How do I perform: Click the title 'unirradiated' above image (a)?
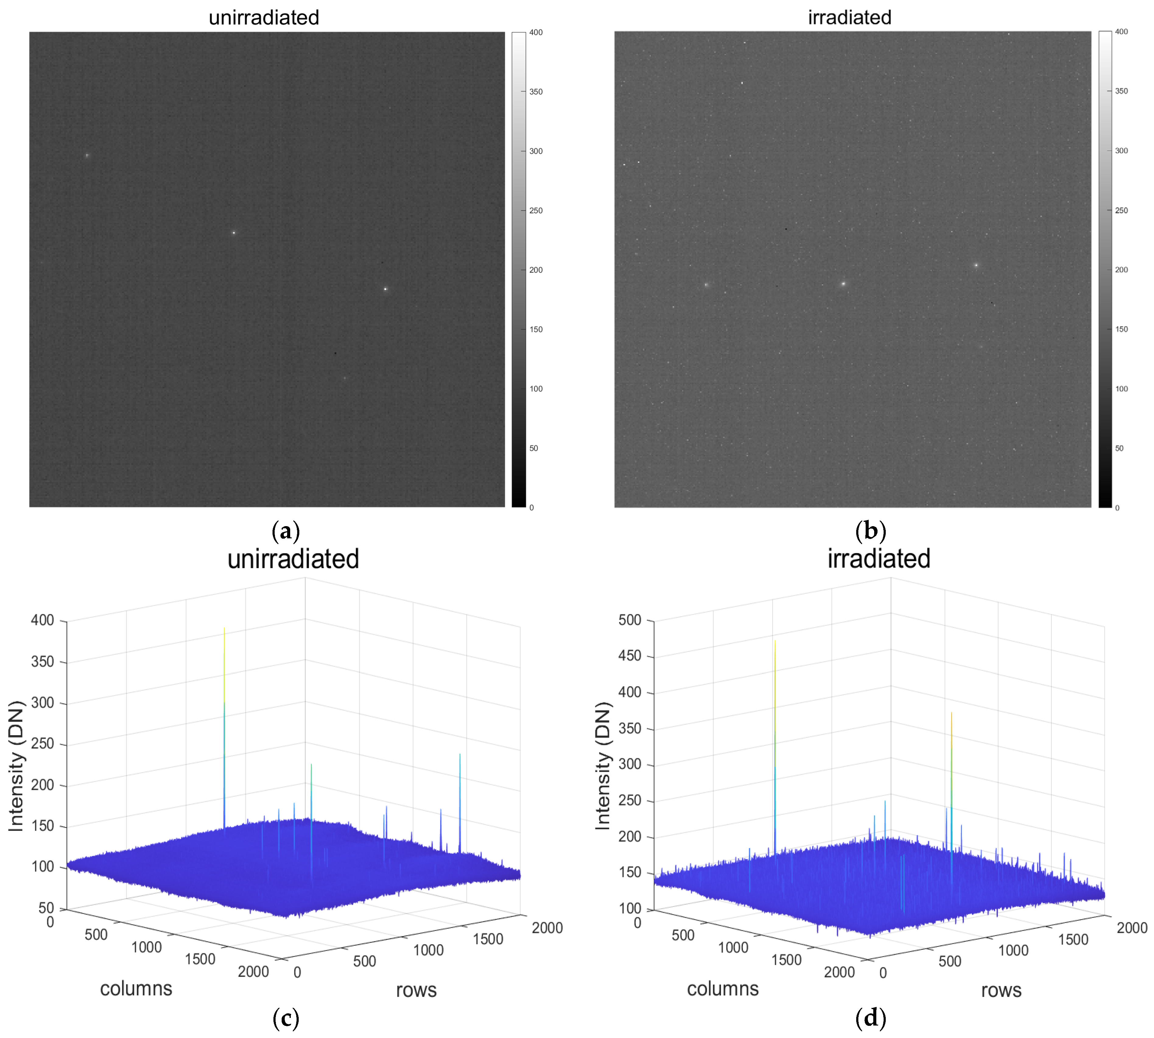point(264,18)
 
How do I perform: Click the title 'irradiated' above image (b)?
point(849,18)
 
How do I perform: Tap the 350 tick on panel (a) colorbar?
point(535,92)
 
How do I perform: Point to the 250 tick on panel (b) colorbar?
point(1121,211)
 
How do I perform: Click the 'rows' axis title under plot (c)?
point(416,990)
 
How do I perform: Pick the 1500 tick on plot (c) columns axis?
point(200,959)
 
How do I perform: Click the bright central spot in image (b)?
point(843,283)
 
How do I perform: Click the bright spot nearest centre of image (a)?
point(234,233)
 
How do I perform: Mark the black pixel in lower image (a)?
point(335,353)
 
